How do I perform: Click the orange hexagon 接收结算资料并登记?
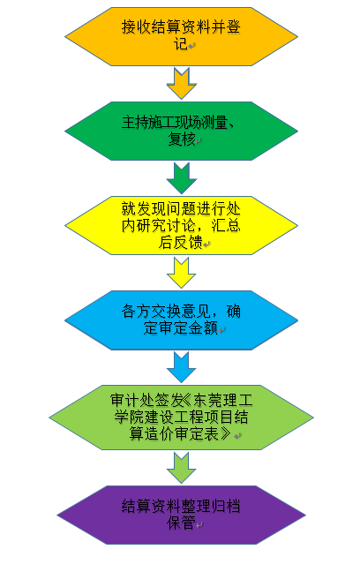coord(181,36)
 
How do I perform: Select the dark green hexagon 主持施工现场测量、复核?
coord(181,131)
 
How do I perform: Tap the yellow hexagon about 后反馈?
coord(181,225)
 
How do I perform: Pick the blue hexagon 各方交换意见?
coord(181,320)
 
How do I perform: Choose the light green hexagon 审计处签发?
coord(181,418)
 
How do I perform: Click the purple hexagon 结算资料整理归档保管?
coord(181,516)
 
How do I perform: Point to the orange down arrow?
coord(181,84)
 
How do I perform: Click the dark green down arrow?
coord(181,178)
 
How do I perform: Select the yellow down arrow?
coord(181,273)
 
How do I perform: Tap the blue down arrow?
coord(181,367)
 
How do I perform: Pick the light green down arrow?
coord(181,468)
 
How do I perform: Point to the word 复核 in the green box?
coord(182,139)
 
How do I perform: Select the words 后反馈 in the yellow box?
coord(181,242)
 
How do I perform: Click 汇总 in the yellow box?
coord(226,226)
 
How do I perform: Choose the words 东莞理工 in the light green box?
coord(223,401)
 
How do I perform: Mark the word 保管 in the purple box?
coord(181,523)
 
